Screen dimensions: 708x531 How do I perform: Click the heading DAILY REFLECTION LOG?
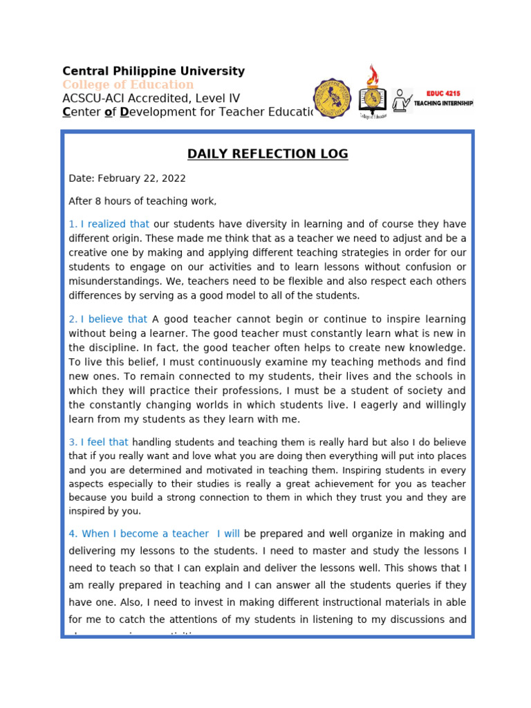pos(268,153)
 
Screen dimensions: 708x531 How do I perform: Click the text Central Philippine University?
pos(153,71)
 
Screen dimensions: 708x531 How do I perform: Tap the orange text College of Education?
pos(128,84)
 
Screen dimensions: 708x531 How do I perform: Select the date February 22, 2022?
pos(142,178)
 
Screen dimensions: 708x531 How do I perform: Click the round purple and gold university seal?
pos(332,97)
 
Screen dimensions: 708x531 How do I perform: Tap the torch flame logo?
pos(373,77)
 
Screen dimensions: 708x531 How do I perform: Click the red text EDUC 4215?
pos(442,93)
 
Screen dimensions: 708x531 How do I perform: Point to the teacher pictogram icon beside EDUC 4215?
pos(402,100)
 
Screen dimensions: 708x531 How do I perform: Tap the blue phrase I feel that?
pos(104,442)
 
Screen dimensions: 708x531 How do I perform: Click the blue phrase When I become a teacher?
pos(145,534)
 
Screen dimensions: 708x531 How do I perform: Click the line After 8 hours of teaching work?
pos(142,201)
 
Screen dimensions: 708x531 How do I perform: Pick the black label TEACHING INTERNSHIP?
pos(443,103)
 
